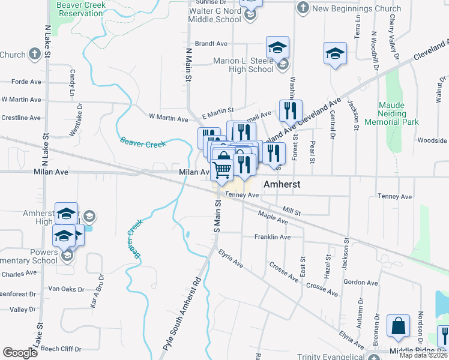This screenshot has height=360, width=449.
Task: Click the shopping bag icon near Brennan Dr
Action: [x=399, y=326]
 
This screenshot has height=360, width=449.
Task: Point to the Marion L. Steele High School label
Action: [x=244, y=65]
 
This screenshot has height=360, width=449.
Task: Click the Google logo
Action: [x=20, y=353]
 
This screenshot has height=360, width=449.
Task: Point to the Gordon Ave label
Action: [x=360, y=283]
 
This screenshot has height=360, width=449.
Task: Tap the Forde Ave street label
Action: [x=26, y=82]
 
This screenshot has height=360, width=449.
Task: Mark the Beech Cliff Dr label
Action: [x=61, y=349]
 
